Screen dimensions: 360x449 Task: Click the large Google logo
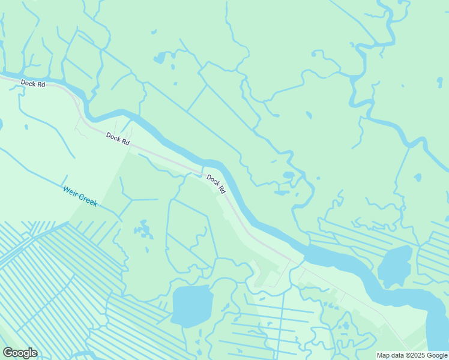tap(20, 353)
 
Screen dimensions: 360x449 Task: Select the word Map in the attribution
tap(384, 355)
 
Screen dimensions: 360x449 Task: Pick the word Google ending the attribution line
tap(437, 355)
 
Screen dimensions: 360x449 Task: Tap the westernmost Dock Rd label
tap(33, 84)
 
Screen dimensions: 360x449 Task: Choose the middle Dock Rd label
tap(118, 139)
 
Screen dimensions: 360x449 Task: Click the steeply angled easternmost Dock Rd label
tap(216, 184)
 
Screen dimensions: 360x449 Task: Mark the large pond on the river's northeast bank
tap(394, 265)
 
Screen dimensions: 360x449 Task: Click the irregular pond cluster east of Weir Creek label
tap(143, 229)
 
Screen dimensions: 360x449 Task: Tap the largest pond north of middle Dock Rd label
tap(160, 58)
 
